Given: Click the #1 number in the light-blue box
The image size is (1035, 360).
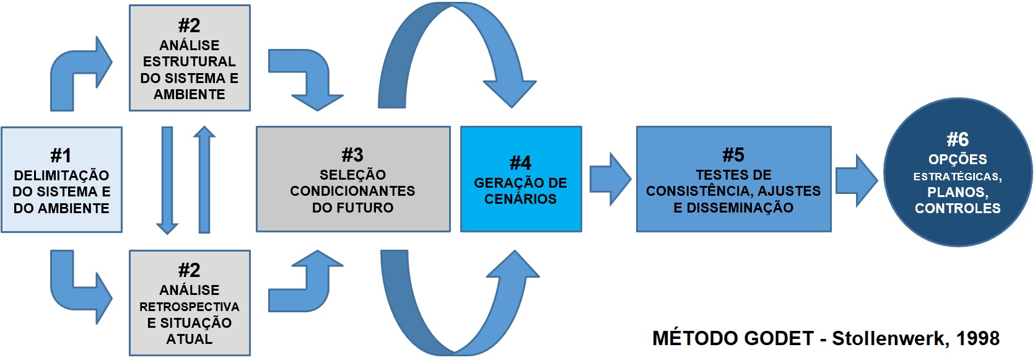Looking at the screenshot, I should click(x=61, y=155).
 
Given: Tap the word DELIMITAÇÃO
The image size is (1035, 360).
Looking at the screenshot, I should click(x=61, y=175).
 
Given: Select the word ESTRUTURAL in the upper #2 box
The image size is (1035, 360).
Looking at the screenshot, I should click(x=189, y=61).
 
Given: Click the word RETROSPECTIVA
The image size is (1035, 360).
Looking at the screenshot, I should click(x=189, y=307).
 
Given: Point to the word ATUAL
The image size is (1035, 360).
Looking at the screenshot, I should click(x=189, y=339).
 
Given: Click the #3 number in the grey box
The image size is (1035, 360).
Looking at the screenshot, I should click(x=352, y=154).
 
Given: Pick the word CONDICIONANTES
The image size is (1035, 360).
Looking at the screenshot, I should click(x=352, y=191).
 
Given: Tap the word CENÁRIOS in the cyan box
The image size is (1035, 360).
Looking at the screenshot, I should click(x=520, y=199).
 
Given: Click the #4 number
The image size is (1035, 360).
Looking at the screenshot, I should click(x=520, y=163).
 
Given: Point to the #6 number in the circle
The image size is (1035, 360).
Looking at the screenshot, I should click(x=958, y=139).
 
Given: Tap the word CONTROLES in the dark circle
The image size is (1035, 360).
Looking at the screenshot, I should click(x=958, y=208).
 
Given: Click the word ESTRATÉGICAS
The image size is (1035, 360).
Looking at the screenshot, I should click(x=958, y=177).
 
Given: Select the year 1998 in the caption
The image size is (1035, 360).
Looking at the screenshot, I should click(x=977, y=338).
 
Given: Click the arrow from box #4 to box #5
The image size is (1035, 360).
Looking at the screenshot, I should click(x=610, y=179).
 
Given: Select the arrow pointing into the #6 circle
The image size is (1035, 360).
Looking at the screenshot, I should click(x=857, y=180).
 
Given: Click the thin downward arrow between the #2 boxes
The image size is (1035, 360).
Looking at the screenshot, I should click(x=167, y=180).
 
